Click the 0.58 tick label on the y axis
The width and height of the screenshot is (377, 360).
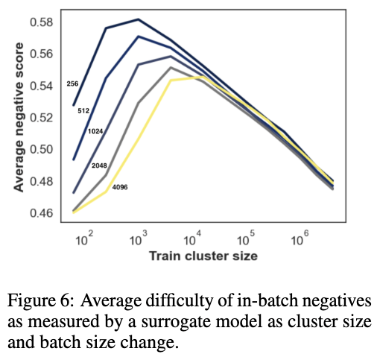(x=42, y=22)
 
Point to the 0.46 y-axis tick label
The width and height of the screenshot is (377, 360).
(x=42, y=213)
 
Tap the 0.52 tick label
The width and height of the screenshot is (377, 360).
(x=42, y=118)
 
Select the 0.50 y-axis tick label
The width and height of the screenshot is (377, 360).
(x=42, y=150)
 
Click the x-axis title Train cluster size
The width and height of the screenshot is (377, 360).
(x=203, y=256)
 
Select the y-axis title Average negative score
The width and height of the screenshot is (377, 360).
(x=19, y=117)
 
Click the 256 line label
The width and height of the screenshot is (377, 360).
(x=72, y=84)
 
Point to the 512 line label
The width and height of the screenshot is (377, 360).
(x=83, y=111)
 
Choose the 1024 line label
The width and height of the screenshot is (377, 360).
(x=95, y=131)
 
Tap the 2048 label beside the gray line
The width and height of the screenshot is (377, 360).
(x=99, y=165)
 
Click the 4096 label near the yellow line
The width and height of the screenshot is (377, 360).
(x=120, y=187)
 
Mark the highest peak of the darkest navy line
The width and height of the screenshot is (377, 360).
(x=139, y=19)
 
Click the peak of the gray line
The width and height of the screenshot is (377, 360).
(x=171, y=67)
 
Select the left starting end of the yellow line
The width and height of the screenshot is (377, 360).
(x=74, y=212)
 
